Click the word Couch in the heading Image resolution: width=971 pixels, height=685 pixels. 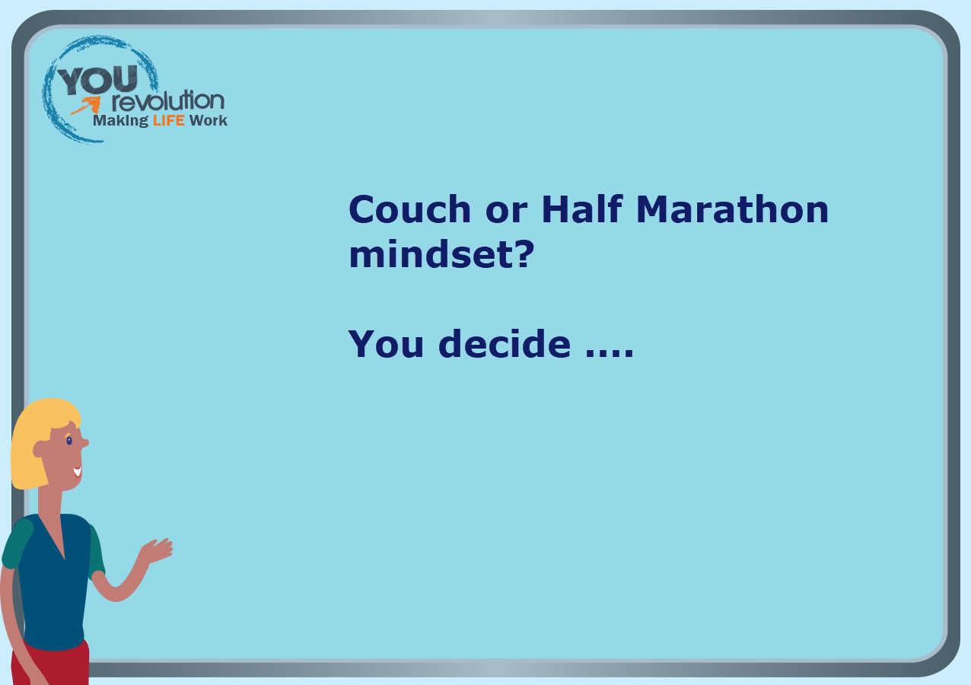tap(409, 209)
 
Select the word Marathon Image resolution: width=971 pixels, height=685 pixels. tap(732, 209)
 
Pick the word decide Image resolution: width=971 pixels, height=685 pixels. tap(505, 343)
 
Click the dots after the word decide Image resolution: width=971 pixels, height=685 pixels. tap(610, 353)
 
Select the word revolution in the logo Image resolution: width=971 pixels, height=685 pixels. tap(168, 100)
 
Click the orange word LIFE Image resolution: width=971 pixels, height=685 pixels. tap(169, 120)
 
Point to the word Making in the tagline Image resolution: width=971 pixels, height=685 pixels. tap(120, 121)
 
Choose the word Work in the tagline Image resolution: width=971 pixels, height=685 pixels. tap(208, 120)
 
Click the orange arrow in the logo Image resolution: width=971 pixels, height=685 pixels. tap(86, 105)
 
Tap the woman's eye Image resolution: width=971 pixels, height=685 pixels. tap(69, 441)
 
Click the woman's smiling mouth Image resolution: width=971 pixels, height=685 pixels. tap(78, 472)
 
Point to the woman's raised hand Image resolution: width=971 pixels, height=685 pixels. tap(158, 550)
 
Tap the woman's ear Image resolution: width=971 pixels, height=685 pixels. tap(39, 449)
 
